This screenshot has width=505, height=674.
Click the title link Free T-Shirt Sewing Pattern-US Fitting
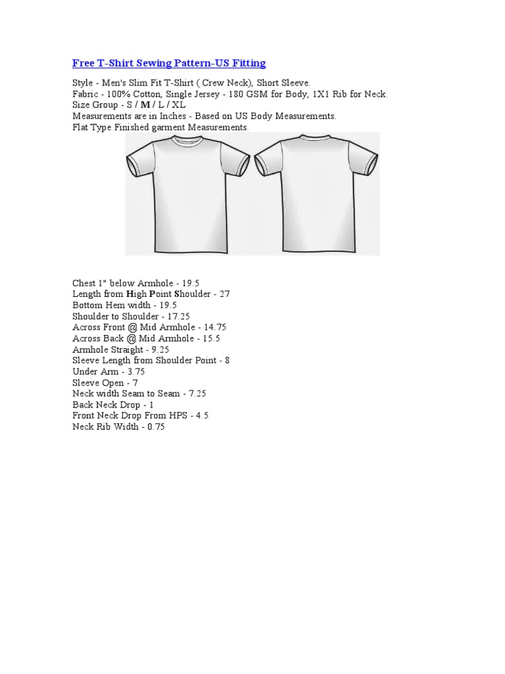click(x=168, y=63)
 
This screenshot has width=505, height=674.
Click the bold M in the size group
click(x=145, y=105)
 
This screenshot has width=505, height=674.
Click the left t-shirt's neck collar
click(x=187, y=140)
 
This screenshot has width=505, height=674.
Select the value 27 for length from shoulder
click(x=224, y=294)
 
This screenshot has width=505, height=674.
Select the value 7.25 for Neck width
click(x=197, y=394)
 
